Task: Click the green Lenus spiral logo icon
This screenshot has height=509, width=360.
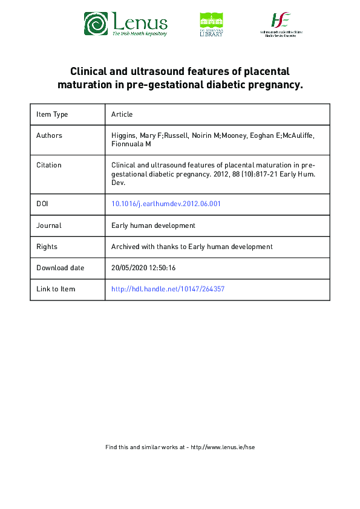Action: (x=96, y=24)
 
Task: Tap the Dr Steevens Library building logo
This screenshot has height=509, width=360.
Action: (x=211, y=24)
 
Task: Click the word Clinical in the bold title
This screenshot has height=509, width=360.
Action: (x=90, y=71)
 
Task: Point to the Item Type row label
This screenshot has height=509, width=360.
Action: (x=52, y=114)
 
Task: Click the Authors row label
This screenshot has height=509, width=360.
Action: (x=49, y=135)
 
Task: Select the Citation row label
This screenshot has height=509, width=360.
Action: (x=49, y=164)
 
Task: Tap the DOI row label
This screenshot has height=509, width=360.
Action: (x=42, y=204)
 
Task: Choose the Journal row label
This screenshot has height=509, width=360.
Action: (x=49, y=225)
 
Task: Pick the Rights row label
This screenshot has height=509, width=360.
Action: (x=47, y=247)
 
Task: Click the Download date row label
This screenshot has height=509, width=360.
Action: (x=61, y=268)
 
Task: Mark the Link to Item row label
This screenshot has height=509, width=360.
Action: (x=56, y=289)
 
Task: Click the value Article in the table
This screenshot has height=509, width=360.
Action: (x=122, y=114)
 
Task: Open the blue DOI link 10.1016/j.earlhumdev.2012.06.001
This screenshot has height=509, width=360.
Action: (x=166, y=204)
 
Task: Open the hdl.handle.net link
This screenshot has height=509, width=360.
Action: (x=168, y=289)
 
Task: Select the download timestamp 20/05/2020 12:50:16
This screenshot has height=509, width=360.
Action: (x=143, y=268)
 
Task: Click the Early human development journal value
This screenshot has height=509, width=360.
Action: (x=154, y=225)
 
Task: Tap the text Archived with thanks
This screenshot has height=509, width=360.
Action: (x=146, y=247)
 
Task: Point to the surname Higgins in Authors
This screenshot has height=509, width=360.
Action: (x=124, y=135)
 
